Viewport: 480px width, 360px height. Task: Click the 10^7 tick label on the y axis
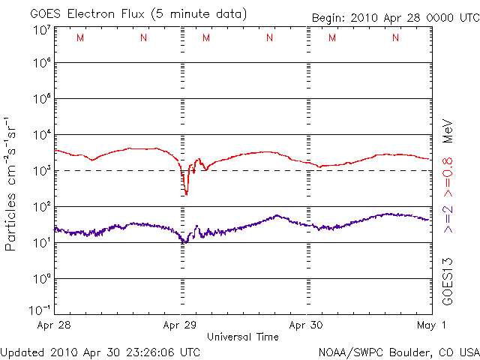42,31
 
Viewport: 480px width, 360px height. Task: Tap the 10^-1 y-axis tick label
40,310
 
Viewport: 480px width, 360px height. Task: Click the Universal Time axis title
242,337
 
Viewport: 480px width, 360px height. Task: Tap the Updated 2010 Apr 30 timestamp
100,352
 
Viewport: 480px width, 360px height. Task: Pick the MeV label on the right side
448,130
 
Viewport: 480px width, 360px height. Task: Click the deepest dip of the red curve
186,193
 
